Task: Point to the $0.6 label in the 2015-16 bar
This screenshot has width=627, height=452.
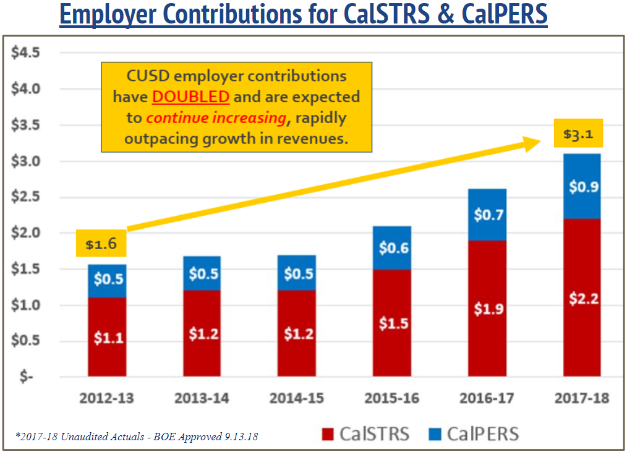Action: click(392, 247)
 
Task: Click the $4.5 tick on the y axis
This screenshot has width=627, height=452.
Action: click(25, 53)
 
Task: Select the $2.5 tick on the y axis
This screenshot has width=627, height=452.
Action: click(25, 197)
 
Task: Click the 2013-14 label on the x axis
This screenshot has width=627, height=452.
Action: click(202, 398)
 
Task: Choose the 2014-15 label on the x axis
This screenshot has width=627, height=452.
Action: click(297, 398)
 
